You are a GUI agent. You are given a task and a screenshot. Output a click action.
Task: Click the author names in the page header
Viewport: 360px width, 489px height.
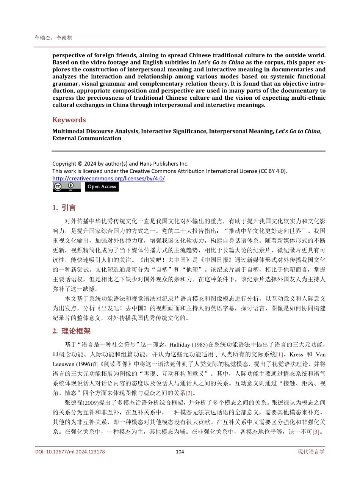[53, 38]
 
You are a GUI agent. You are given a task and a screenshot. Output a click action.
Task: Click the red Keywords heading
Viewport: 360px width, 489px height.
[69, 120]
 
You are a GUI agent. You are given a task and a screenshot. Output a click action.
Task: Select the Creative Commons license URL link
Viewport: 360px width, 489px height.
[108, 178]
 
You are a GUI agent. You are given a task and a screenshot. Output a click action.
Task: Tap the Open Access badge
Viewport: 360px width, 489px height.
[102, 187]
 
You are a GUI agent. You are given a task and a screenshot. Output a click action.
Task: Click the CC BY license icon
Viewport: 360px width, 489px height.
[67, 187]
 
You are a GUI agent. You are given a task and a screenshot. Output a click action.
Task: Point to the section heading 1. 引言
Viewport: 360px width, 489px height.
[64, 208]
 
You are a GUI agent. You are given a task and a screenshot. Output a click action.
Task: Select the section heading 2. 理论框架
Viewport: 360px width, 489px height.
[71, 331]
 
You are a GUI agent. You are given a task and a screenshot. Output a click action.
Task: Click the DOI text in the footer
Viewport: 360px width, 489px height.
[70, 451]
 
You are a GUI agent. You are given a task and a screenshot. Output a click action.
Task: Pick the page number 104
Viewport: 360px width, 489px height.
[180, 451]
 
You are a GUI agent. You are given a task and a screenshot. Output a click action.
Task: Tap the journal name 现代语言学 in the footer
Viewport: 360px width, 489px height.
[311, 451]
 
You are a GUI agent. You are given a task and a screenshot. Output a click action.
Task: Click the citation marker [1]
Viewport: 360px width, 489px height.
[280, 354]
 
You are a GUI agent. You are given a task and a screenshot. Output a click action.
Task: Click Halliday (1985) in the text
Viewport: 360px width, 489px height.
[188, 345]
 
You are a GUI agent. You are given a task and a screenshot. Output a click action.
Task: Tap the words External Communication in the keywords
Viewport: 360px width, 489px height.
[87, 138]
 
